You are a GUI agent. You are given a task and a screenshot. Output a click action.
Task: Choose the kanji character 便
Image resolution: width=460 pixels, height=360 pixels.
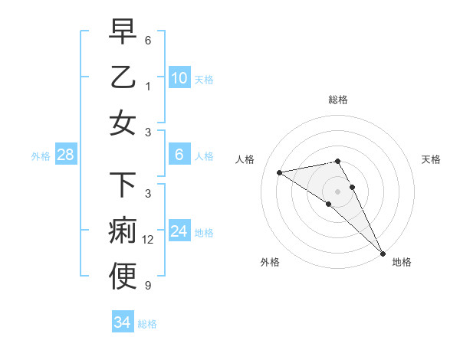pyautogui.click(x=123, y=277)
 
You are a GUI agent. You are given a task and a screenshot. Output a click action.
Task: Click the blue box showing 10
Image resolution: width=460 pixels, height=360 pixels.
pyautogui.click(x=179, y=77)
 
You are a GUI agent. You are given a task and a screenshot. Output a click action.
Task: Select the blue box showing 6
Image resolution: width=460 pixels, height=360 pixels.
pyautogui.click(x=179, y=155)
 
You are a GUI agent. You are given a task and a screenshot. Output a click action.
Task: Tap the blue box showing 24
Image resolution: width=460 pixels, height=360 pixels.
pyautogui.click(x=179, y=231)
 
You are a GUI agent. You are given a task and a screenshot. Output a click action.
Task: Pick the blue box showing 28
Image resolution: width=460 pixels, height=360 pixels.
pyautogui.click(x=65, y=155)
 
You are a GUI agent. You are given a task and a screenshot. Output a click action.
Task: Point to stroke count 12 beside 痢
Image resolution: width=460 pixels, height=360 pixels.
pyautogui.click(x=148, y=240)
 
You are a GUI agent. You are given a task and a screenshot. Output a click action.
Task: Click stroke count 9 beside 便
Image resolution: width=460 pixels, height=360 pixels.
pyautogui.click(x=148, y=286)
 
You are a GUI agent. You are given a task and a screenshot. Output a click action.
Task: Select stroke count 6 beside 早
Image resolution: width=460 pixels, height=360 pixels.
pyautogui.click(x=148, y=39)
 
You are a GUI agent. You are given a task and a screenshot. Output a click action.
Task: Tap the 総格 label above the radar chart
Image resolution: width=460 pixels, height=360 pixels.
pyautogui.click(x=337, y=100)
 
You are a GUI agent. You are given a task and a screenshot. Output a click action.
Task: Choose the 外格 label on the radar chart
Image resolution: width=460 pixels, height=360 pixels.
pyautogui.click(x=269, y=262)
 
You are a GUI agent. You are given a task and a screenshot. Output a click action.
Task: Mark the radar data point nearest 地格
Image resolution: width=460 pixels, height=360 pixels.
pyautogui.click(x=382, y=254)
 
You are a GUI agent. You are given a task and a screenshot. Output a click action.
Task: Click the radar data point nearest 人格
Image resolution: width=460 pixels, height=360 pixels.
pyautogui.click(x=280, y=172)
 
